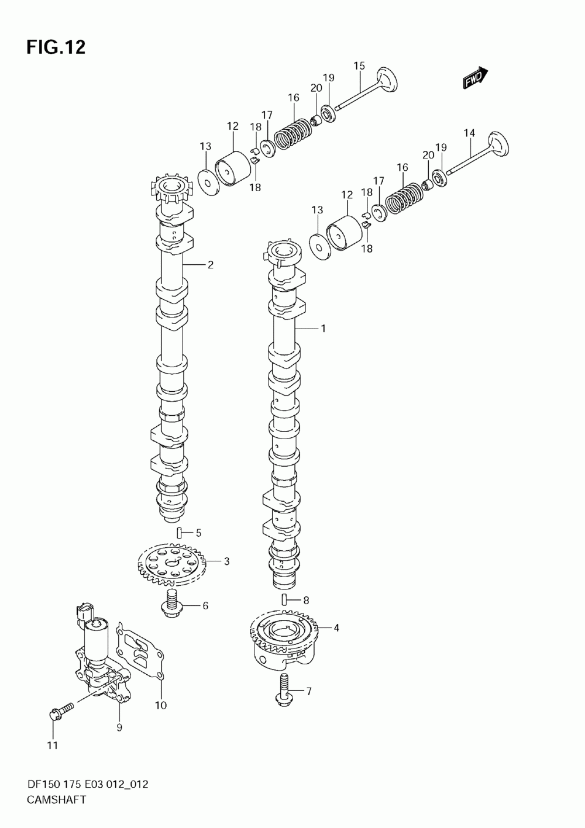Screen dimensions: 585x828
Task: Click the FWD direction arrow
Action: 475,78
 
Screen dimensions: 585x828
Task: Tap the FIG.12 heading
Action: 56,47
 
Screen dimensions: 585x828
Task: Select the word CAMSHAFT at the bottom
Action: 56,799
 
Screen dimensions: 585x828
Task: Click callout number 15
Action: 359,66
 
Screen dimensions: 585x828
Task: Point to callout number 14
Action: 469,133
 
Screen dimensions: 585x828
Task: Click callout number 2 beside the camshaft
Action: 211,265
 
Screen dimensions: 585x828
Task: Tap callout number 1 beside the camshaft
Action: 323,328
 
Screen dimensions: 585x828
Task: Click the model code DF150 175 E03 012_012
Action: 88,781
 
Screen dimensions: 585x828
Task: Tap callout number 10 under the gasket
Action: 161,705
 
